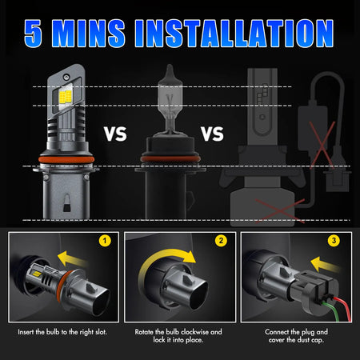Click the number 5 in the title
[33, 34]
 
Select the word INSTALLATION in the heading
[234, 34]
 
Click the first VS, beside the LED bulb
[115, 134]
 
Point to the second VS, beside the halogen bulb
[212, 134]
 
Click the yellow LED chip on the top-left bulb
[66, 98]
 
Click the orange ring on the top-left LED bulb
[66, 159]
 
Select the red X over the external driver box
[322, 145]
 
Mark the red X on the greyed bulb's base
[280, 210]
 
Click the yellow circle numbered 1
[105, 241]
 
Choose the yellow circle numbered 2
[221, 241]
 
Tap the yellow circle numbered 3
[334, 241]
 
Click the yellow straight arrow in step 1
[72, 258]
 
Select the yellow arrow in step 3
[326, 264]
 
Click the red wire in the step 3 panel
[343, 306]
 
